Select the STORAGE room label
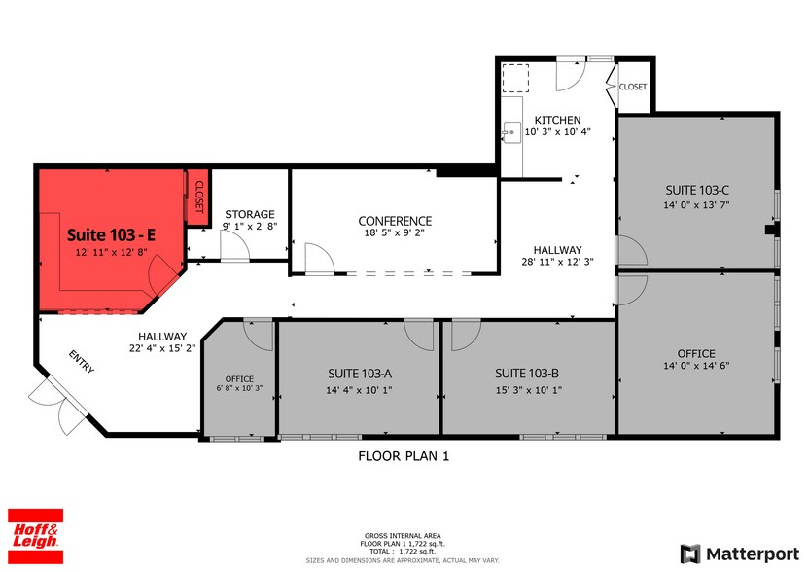(x=250, y=214)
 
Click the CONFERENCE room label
(x=395, y=221)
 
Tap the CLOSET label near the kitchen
(x=633, y=87)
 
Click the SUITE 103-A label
(x=360, y=373)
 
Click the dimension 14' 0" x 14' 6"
(x=696, y=366)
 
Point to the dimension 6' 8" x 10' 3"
(x=239, y=388)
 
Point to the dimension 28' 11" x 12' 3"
(x=557, y=262)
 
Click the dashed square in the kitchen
(x=514, y=77)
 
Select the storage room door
(x=234, y=249)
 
